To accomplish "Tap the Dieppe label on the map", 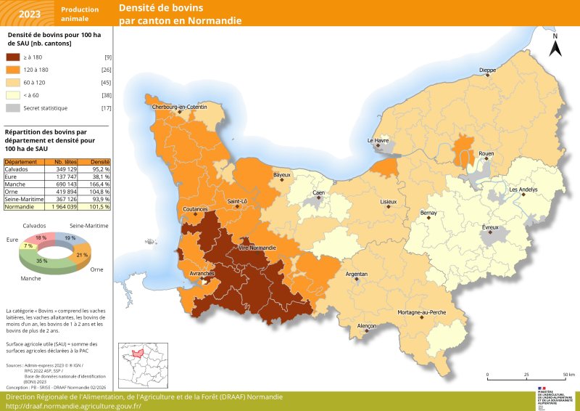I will (x=487, y=70).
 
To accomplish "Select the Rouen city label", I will (x=486, y=154).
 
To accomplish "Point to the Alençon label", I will (x=367, y=326).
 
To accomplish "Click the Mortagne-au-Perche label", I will (x=422, y=312).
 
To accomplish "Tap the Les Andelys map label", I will (x=523, y=190).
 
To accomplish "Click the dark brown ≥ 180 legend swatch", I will (x=13, y=57).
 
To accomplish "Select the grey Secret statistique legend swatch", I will (x=13, y=107).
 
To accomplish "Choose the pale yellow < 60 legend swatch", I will (x=13, y=95).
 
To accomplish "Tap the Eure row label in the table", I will (x=12, y=174).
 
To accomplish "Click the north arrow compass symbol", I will (x=555, y=46).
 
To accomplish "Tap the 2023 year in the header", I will (x=30, y=13).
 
